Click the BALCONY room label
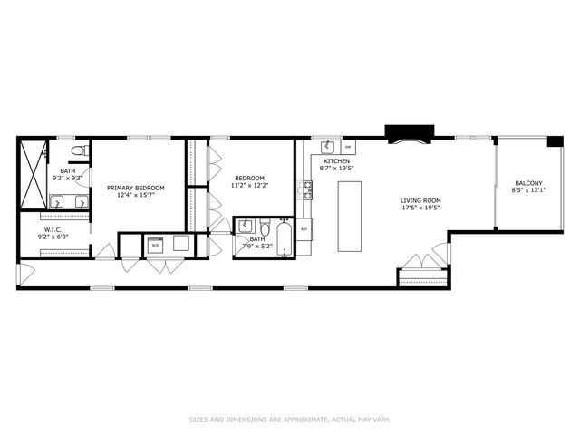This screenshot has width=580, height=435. [x=528, y=182]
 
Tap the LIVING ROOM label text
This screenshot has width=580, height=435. [x=420, y=200]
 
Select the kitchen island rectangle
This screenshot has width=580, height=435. [x=350, y=216]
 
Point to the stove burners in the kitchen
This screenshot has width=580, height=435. [x=307, y=190]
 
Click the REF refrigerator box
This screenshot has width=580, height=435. [x=304, y=228]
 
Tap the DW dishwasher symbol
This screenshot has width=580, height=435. [x=348, y=148]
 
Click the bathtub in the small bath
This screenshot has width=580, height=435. [x=284, y=238]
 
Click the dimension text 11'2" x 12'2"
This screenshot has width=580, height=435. [x=251, y=185]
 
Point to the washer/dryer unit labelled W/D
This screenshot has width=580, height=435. [x=155, y=244]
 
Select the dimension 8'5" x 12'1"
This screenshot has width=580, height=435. [x=528, y=190]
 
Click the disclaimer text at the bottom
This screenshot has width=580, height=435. [x=290, y=420]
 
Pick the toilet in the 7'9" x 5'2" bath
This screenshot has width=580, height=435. [x=265, y=227]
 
